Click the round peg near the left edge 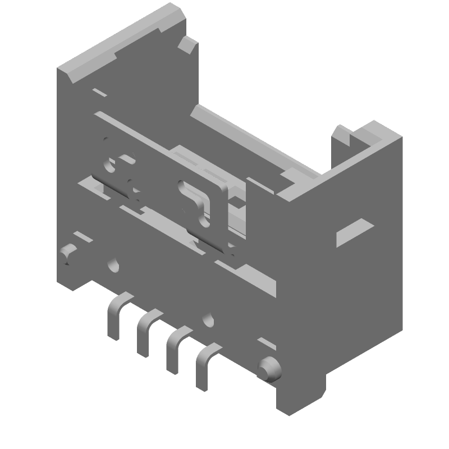(x=68, y=254)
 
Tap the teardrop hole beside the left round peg (x=114, y=264)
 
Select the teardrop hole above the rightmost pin (x=210, y=319)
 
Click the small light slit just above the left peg (x=76, y=235)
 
